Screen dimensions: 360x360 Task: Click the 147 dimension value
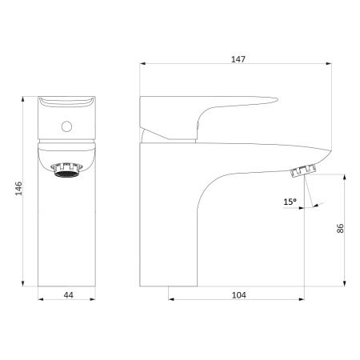click(x=238, y=59)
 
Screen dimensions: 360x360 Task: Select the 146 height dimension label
click(x=18, y=189)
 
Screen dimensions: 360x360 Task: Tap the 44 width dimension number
click(x=69, y=295)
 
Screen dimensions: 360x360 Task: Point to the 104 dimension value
click(x=239, y=295)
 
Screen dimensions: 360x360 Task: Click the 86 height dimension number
click(x=340, y=229)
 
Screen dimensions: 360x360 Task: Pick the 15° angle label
click(x=290, y=202)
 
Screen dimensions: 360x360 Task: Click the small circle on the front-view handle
click(x=66, y=126)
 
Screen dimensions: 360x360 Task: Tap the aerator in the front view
click(x=66, y=170)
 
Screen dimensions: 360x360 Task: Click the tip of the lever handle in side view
click(x=278, y=100)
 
